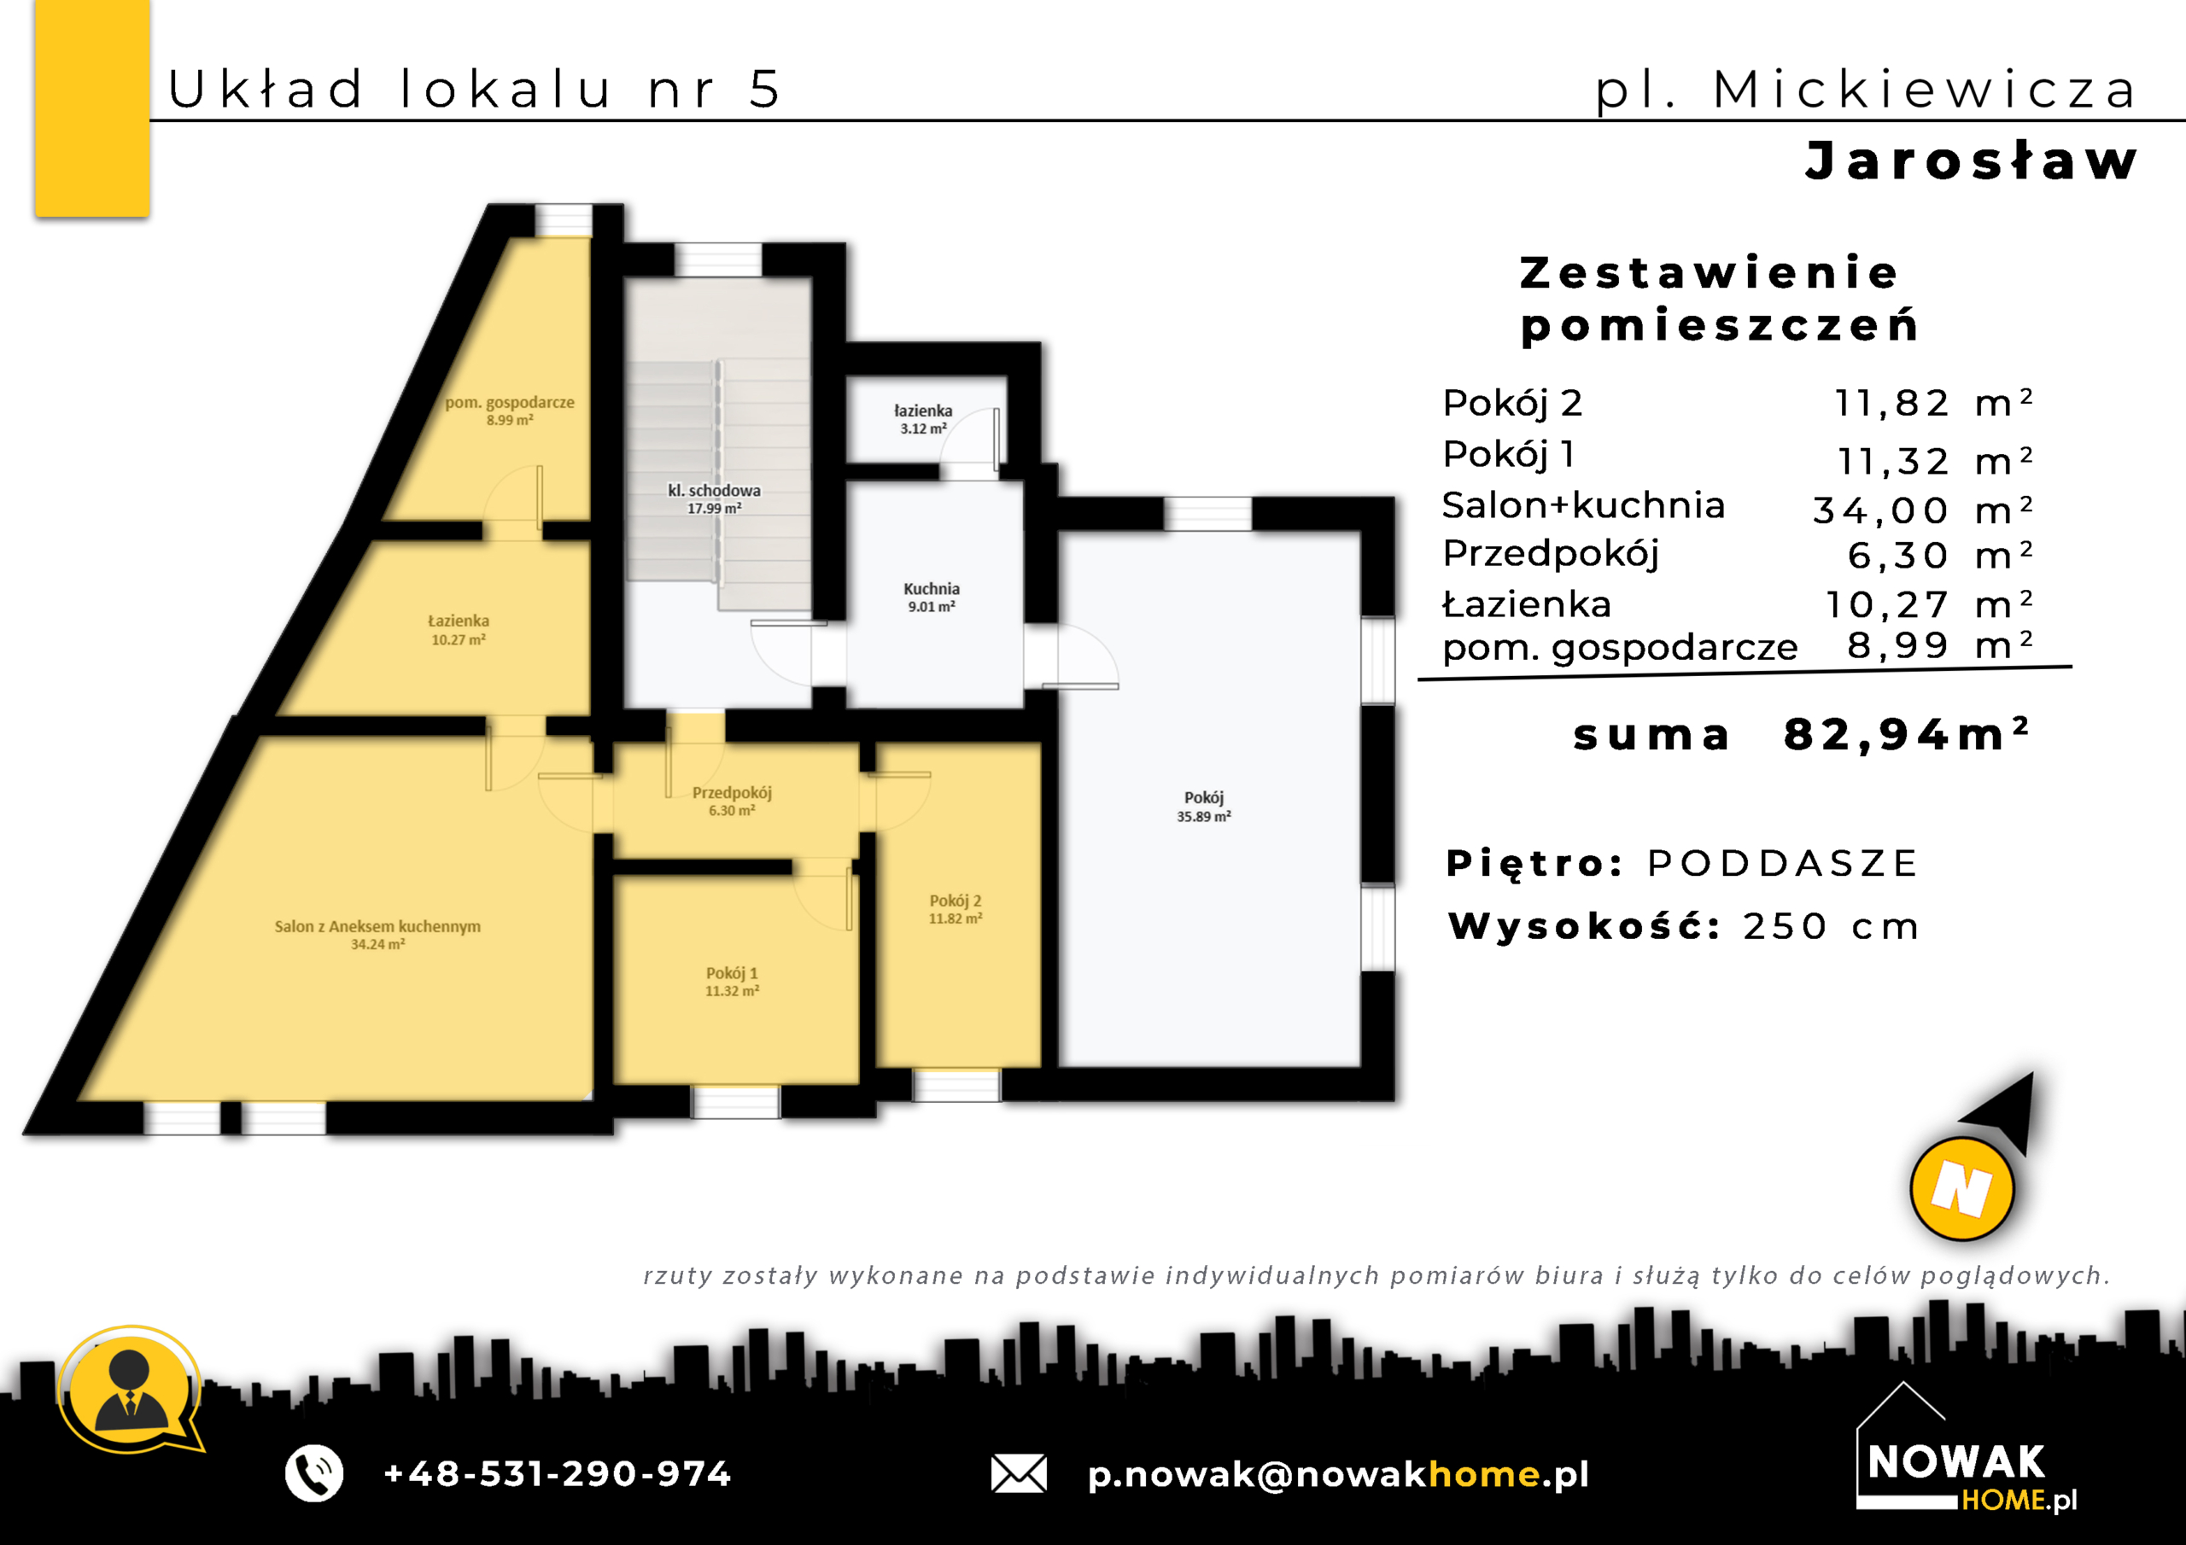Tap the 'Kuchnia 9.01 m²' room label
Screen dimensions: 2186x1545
pos(931,597)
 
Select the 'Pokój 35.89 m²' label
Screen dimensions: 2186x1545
pos(1203,807)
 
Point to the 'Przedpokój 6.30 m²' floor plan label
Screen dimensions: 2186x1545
pos(731,801)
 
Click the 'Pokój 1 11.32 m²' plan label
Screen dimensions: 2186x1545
pos(731,982)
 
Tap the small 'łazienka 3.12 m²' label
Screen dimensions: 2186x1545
pos(922,419)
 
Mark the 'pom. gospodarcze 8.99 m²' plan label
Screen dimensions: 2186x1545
pos(510,411)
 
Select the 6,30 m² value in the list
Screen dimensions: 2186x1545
pos(1940,555)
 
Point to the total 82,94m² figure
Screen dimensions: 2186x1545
pos(1907,734)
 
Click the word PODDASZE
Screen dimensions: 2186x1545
pos(1782,864)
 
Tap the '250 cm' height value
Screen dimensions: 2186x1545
pos(1831,926)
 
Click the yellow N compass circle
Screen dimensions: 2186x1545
pos(1961,1189)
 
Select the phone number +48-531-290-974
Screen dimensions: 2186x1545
pos(557,1473)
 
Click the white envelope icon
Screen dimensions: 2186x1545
pos(1019,1473)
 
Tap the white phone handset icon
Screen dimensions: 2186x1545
pos(314,1473)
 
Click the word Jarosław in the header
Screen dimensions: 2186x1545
pos(1972,160)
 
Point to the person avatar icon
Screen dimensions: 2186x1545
pos(131,1390)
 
